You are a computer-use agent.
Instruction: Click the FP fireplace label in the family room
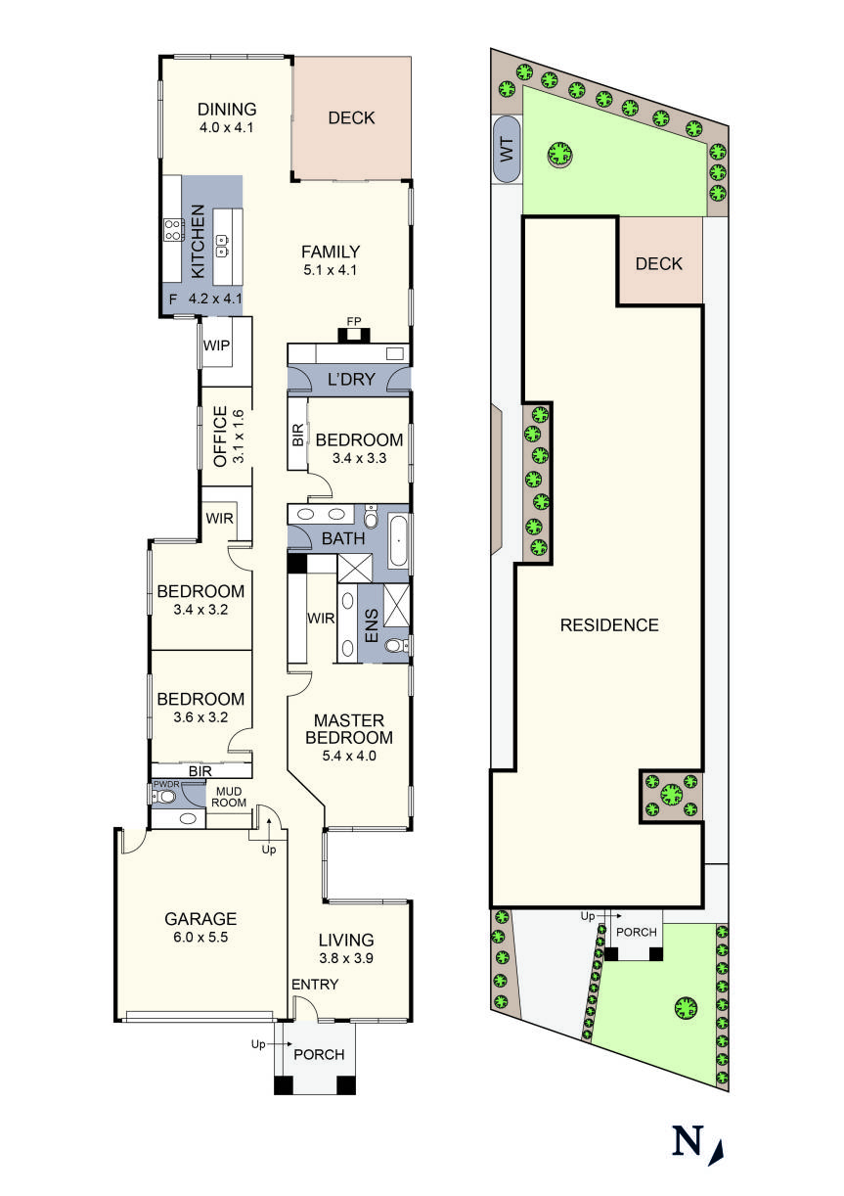[x=353, y=321]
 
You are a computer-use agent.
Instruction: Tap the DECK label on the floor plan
[x=351, y=118]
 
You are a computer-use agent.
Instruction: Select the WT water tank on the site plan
[x=507, y=149]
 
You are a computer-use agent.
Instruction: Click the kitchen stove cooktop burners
[x=173, y=230]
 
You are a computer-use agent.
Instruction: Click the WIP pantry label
[x=215, y=345]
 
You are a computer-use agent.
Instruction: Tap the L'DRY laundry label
[x=349, y=379]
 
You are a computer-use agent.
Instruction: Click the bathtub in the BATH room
[x=398, y=537]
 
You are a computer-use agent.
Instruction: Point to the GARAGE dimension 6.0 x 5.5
[x=200, y=937]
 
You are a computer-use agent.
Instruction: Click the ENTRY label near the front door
[x=313, y=984]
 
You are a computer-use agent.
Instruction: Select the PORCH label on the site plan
[x=636, y=932]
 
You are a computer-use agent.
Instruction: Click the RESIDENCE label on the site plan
[x=609, y=625]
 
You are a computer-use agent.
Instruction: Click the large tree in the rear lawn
[x=559, y=155]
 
